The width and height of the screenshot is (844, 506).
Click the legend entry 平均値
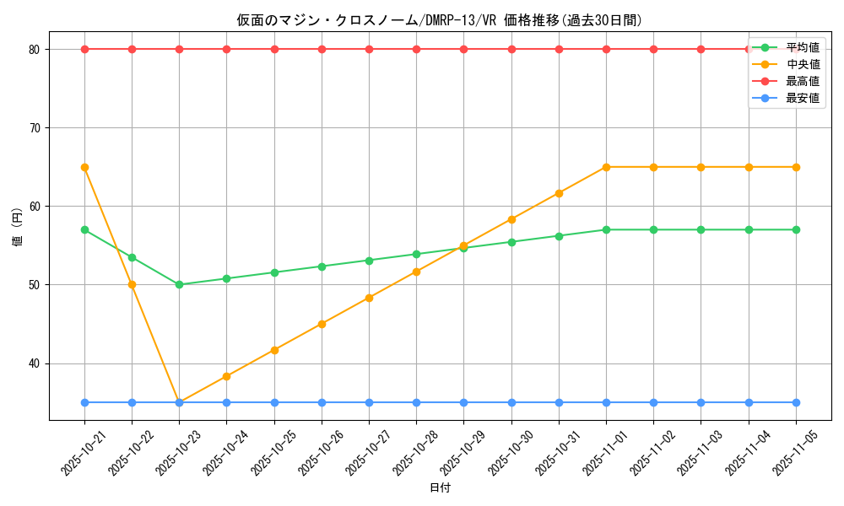tap(802, 47)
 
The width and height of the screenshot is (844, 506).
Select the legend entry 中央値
tap(802, 64)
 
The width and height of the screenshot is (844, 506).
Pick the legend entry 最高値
tap(802, 81)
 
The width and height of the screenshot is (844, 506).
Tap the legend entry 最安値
tap(802, 98)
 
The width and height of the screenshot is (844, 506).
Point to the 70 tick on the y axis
tap(34, 128)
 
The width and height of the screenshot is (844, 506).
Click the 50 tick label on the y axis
tap(34, 285)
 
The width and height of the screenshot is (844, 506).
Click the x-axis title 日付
tap(440, 488)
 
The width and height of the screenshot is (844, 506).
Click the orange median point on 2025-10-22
tap(132, 284)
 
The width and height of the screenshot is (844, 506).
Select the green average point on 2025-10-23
tap(179, 284)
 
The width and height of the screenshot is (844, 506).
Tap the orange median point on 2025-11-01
tap(606, 167)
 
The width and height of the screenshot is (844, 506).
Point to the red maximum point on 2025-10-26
tap(322, 49)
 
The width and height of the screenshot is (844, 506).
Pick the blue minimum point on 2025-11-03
tap(701, 402)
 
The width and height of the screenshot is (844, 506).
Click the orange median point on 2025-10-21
tap(84, 167)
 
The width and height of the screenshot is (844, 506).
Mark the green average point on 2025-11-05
tap(796, 229)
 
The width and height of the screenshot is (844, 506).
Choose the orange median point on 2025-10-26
tap(322, 324)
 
